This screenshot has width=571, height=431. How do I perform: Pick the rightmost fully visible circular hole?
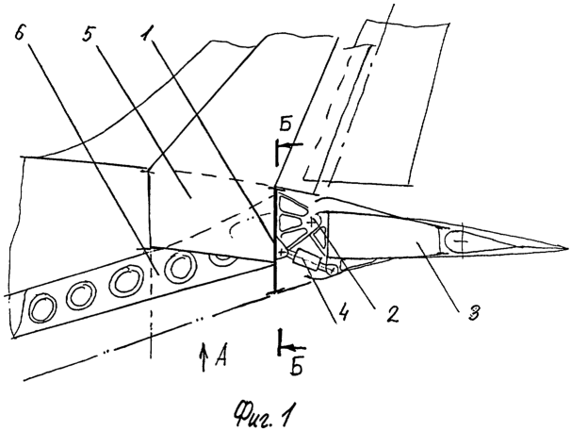179,268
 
